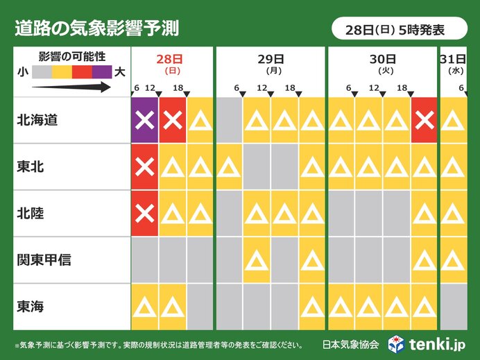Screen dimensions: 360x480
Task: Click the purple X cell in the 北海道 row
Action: pos(145,121)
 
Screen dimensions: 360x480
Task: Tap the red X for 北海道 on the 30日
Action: pos(425,121)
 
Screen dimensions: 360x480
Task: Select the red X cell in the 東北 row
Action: pos(145,166)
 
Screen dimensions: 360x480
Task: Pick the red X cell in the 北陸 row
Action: pos(145,213)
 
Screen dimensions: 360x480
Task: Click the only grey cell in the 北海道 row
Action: pos(229,121)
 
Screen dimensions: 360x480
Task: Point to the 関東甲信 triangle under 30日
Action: pos(425,260)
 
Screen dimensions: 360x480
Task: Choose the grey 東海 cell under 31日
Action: pos(453,306)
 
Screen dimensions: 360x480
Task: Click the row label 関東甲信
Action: pos(45,260)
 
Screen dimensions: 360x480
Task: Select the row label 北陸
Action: pos(32,213)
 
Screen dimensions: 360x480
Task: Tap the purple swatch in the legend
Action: pos(101,70)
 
